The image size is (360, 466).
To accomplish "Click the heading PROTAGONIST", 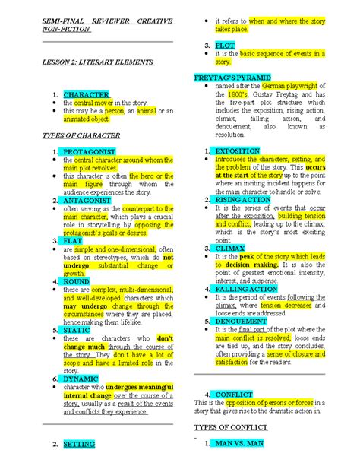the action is (x=90, y=152).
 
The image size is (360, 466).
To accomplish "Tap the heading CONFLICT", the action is (x=234, y=395).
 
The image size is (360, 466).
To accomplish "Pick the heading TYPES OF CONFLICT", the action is (x=229, y=427).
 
